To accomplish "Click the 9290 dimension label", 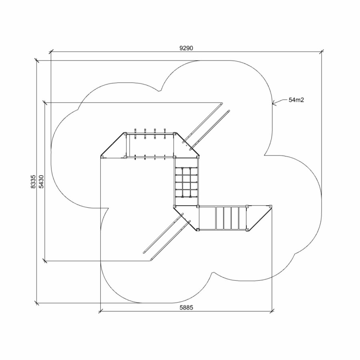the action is [x=186, y=48].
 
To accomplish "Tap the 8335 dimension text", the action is [x=33, y=182].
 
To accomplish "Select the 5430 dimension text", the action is [x=41, y=182].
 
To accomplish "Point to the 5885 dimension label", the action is [x=186, y=308].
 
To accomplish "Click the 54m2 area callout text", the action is [x=296, y=100].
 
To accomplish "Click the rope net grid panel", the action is [x=186, y=182].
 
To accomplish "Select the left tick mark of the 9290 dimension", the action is [x=51, y=52].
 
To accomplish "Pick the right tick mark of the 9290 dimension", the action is [x=322, y=52].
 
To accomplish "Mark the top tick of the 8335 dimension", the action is [x=37, y=61].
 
